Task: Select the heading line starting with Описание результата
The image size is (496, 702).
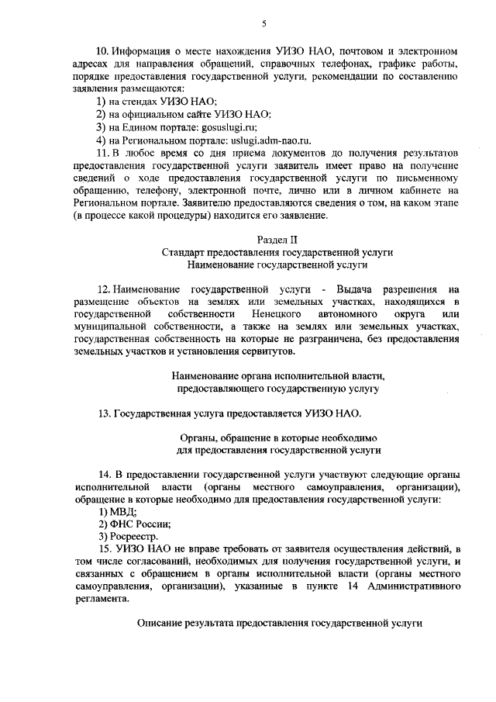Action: [277, 623]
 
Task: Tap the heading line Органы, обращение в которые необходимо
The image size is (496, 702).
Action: [277, 437]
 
